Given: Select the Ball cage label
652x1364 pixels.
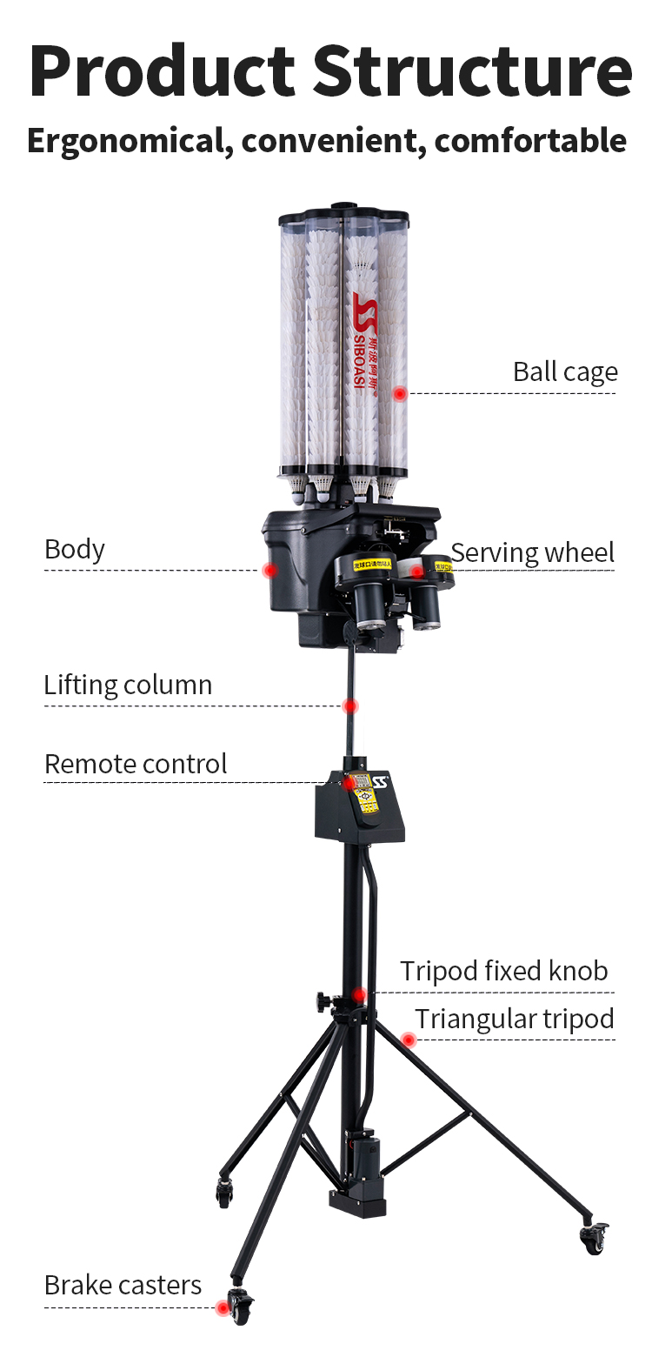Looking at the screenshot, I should tap(565, 371).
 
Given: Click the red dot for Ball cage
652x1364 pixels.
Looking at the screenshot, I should tap(400, 393).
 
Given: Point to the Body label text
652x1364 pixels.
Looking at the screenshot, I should tap(75, 549).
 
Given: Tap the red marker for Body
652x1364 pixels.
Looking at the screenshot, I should tap(269, 570).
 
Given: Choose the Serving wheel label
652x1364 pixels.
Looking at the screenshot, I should tap(532, 552).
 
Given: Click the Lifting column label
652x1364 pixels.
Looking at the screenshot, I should tap(128, 685).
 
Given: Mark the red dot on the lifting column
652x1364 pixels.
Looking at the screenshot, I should tap(349, 705).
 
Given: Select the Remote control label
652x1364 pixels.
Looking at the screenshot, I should tap(136, 764).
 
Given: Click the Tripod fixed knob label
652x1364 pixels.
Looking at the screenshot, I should tap(503, 970).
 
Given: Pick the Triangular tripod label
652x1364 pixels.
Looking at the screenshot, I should tap(514, 1018).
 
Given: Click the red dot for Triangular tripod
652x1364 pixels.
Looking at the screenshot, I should tap(408, 1039).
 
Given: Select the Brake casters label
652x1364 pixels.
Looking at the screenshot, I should tap(123, 1285).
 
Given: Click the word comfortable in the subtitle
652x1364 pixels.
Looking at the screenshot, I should tap(530, 139).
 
